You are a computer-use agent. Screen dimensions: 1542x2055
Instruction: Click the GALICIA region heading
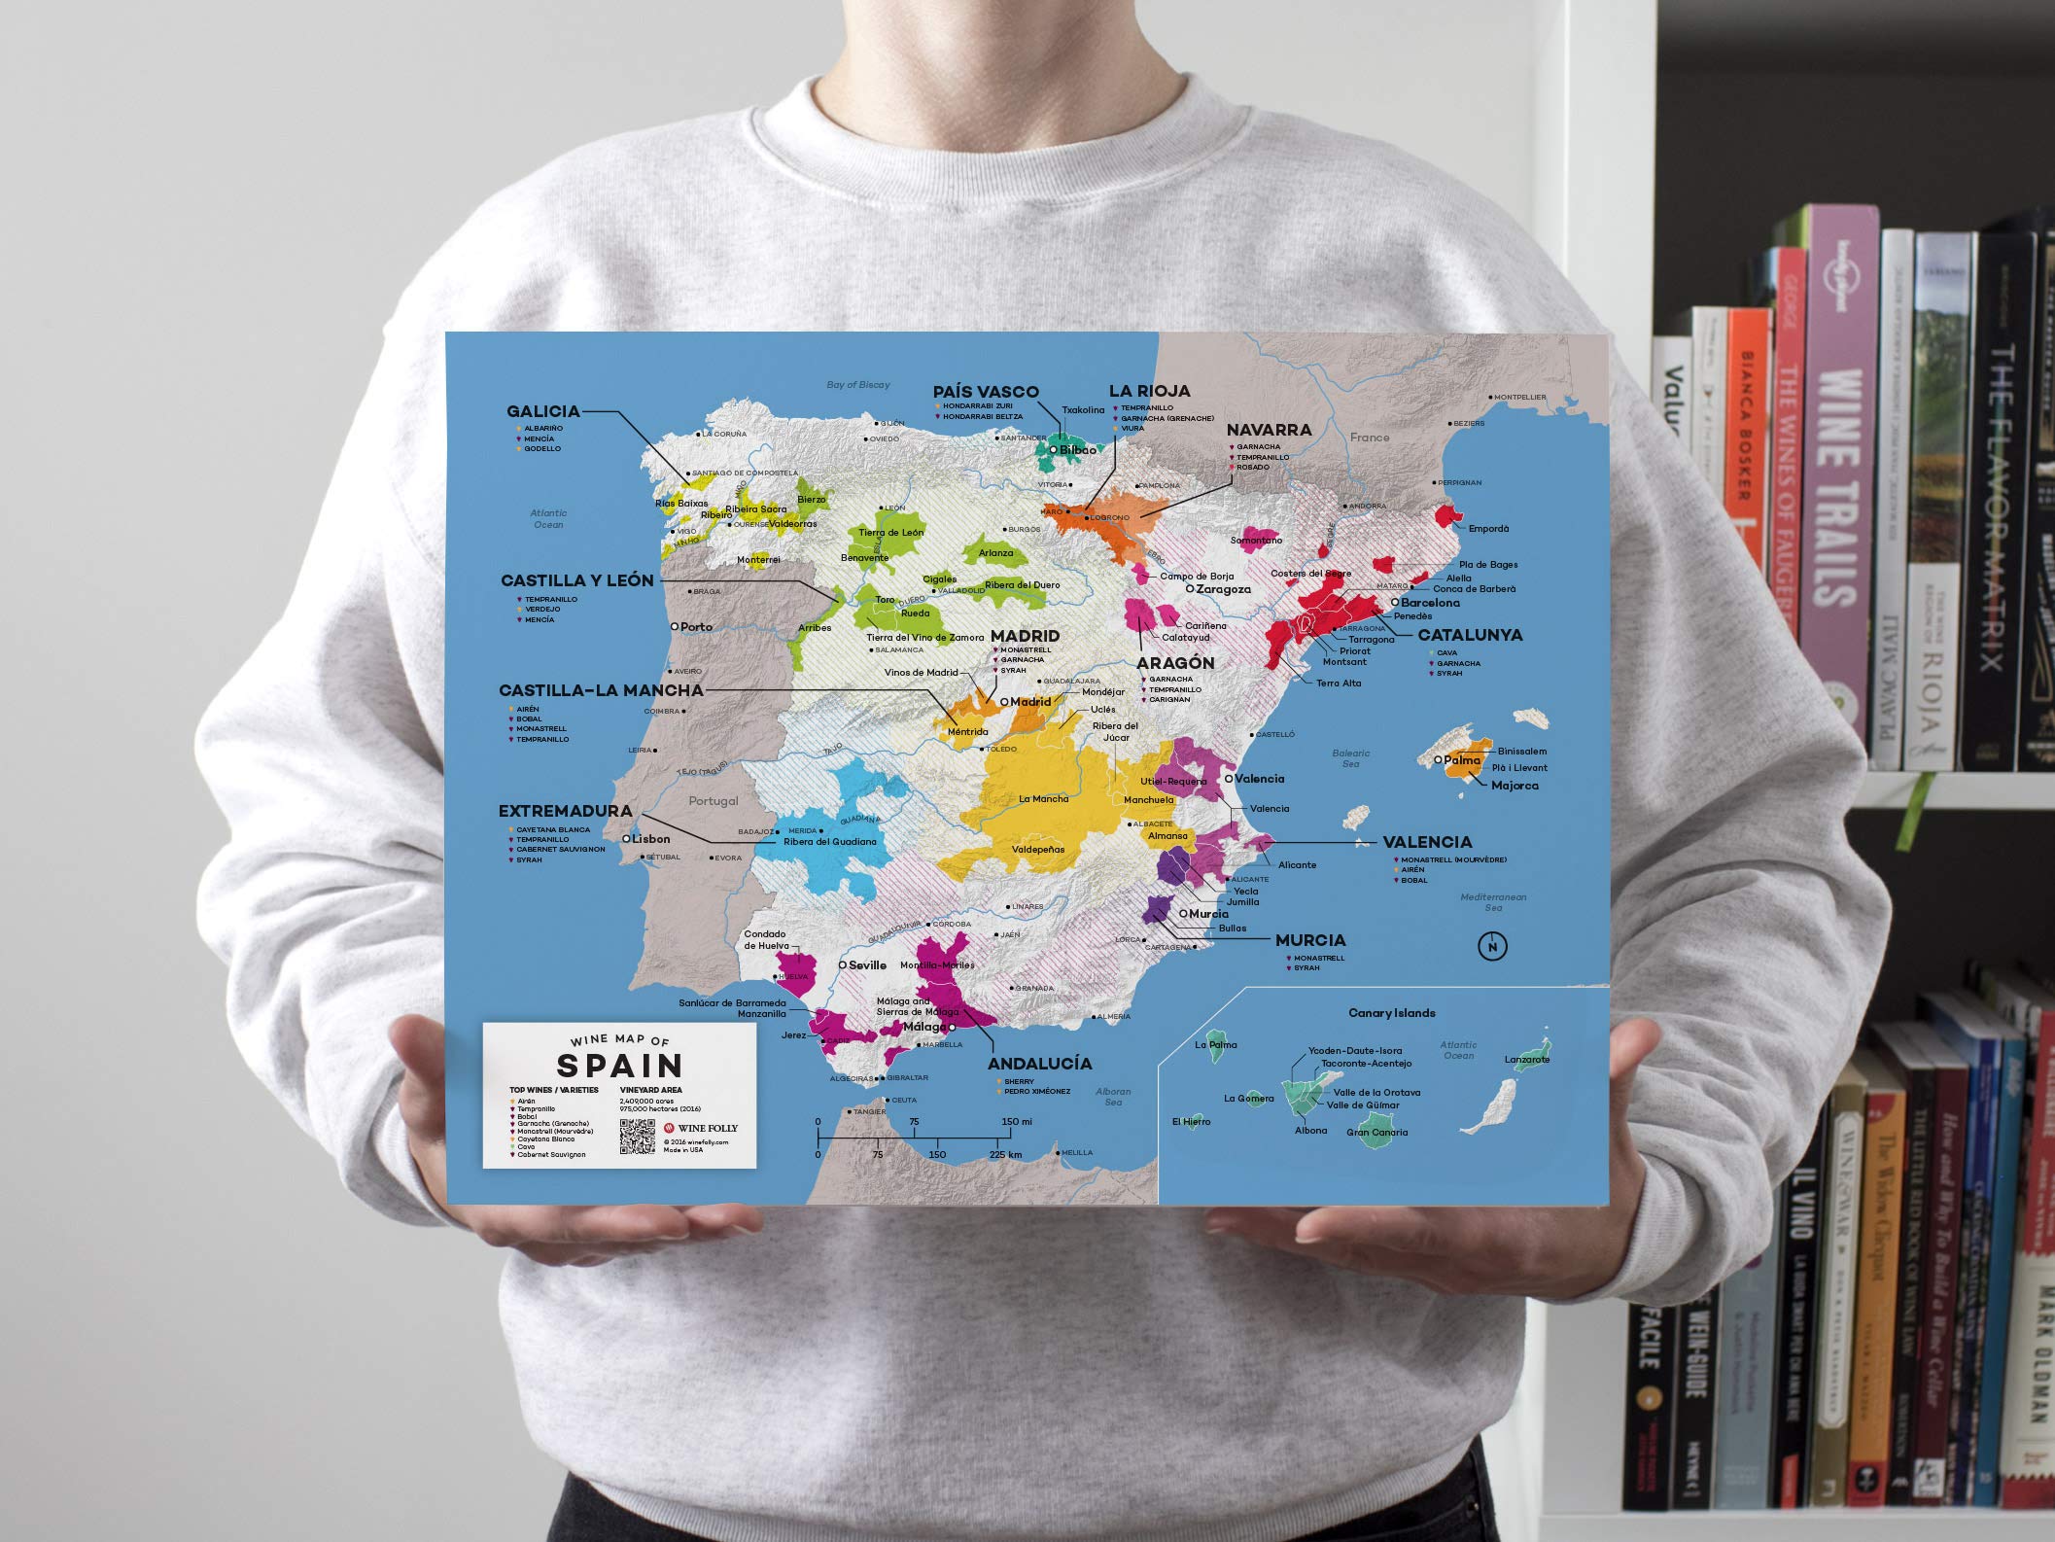point(542,411)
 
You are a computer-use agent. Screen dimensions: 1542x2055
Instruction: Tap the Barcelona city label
point(1429,603)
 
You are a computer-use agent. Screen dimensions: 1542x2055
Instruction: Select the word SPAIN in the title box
point(619,1065)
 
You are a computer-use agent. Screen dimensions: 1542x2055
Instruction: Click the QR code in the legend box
point(638,1137)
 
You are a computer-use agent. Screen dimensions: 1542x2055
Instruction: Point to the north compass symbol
point(1492,946)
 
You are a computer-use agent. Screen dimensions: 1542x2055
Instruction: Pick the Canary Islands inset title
point(1391,1013)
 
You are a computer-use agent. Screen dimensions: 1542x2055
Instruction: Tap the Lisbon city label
point(649,839)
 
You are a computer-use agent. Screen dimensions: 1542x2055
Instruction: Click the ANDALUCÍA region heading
point(1039,1064)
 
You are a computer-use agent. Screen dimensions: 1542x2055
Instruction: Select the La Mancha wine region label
point(1043,799)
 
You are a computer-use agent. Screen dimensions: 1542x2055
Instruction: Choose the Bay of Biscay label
point(857,385)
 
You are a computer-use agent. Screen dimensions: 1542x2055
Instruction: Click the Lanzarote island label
point(1526,1060)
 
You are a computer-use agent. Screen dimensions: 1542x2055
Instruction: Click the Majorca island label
point(1515,786)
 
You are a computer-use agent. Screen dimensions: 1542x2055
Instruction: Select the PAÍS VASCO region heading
point(985,392)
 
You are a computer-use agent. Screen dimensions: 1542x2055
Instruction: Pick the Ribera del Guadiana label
point(829,842)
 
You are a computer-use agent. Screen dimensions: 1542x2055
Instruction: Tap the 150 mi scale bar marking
point(1017,1122)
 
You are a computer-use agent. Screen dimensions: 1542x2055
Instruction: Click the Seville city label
point(866,965)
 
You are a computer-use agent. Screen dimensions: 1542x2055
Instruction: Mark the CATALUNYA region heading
point(1470,635)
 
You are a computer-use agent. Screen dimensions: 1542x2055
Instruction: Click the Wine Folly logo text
point(708,1128)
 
